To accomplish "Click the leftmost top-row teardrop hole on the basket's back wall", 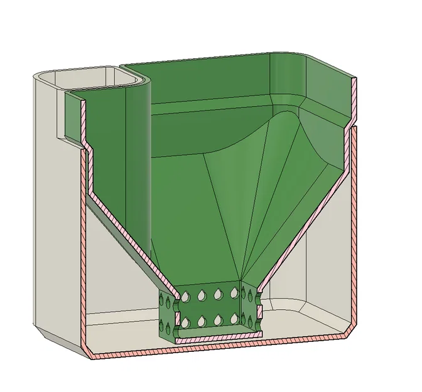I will pos(185,295).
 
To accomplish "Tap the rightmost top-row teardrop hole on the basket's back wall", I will pos(234,293).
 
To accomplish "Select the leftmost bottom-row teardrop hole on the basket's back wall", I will pos(185,323).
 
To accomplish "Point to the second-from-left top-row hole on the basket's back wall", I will pos(202,294).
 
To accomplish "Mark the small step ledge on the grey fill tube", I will pos(63,135).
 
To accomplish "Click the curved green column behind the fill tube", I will pos(139,157).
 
